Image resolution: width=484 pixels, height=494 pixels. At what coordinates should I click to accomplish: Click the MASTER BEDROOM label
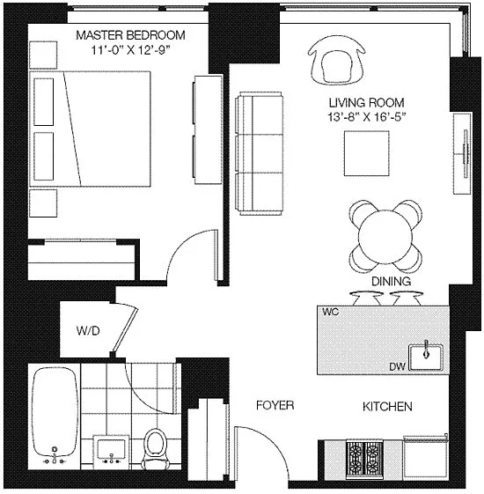pyautogui.click(x=130, y=35)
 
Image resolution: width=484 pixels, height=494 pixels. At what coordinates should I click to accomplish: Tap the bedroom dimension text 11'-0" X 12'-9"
pyautogui.click(x=130, y=50)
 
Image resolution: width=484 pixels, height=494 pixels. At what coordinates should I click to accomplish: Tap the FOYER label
pyautogui.click(x=275, y=406)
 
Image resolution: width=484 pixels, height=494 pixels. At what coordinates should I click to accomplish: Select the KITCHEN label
pyautogui.click(x=388, y=407)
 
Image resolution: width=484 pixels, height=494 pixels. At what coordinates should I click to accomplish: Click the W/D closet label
pyautogui.click(x=87, y=332)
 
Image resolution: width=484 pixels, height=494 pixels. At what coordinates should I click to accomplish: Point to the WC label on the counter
pyautogui.click(x=332, y=313)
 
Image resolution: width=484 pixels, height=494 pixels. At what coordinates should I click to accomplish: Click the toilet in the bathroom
pyautogui.click(x=156, y=446)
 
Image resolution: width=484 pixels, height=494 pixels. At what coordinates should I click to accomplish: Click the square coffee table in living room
pyautogui.click(x=365, y=154)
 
